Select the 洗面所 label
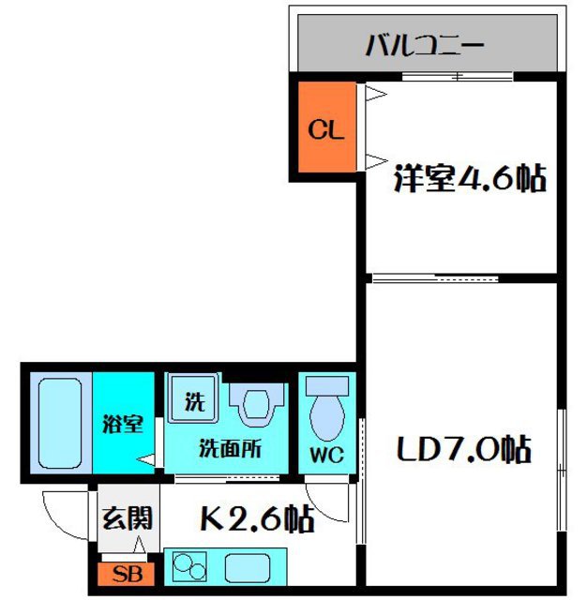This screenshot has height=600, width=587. tap(229, 447)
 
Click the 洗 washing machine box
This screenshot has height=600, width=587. tap(193, 402)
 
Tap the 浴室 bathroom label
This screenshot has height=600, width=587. tap(123, 424)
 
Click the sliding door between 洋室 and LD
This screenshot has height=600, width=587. tap(435, 277)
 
